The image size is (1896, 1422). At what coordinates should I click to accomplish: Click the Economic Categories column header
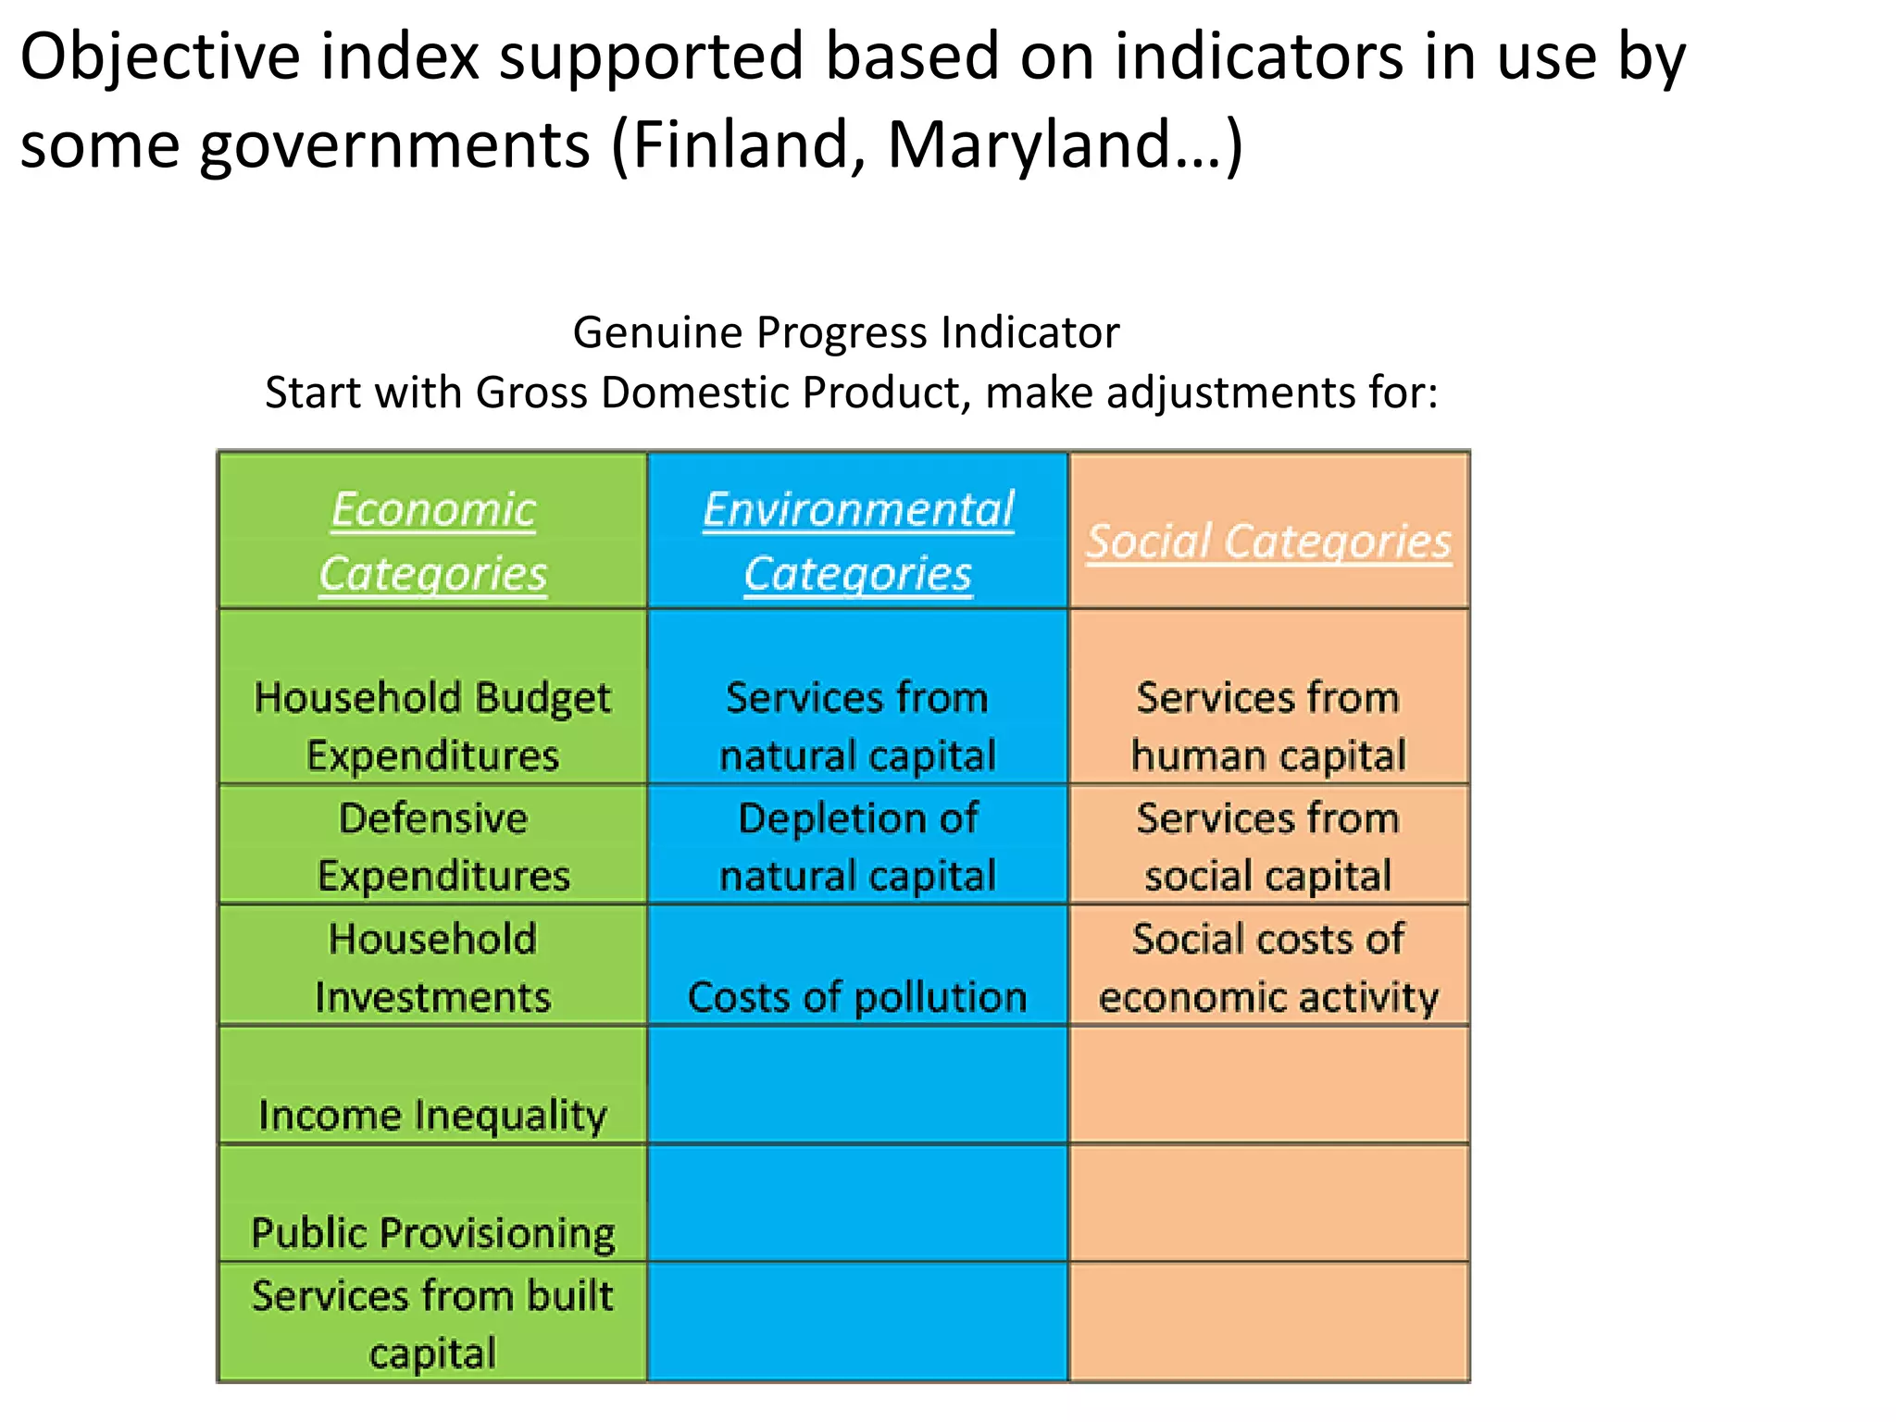coord(432,541)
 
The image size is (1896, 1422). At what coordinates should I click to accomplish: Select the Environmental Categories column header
coord(858,541)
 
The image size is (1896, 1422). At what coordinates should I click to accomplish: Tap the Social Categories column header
coord(1268,541)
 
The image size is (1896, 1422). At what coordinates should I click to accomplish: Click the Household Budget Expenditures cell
coord(432,726)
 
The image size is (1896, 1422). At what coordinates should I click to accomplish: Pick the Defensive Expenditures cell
coord(432,846)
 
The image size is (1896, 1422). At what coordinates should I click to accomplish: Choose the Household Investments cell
coord(432,967)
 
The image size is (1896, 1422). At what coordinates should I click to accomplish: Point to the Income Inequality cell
coord(432,1114)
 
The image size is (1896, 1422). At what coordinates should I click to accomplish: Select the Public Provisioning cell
coord(432,1232)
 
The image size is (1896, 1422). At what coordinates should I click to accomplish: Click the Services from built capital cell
coord(432,1324)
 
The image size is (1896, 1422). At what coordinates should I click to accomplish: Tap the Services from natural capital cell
coord(858,726)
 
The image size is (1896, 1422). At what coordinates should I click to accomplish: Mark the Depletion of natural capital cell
coord(858,846)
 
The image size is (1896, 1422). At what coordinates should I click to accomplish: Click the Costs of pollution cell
coord(858,996)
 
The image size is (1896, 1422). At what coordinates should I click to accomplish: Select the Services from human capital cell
coord(1268,726)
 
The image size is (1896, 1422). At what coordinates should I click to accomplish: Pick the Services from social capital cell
coord(1268,846)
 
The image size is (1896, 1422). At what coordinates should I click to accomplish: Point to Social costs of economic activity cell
coord(1268,967)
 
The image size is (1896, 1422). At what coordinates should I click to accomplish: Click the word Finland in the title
coord(735,145)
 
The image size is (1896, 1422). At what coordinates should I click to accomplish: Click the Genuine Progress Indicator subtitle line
coord(846,332)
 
